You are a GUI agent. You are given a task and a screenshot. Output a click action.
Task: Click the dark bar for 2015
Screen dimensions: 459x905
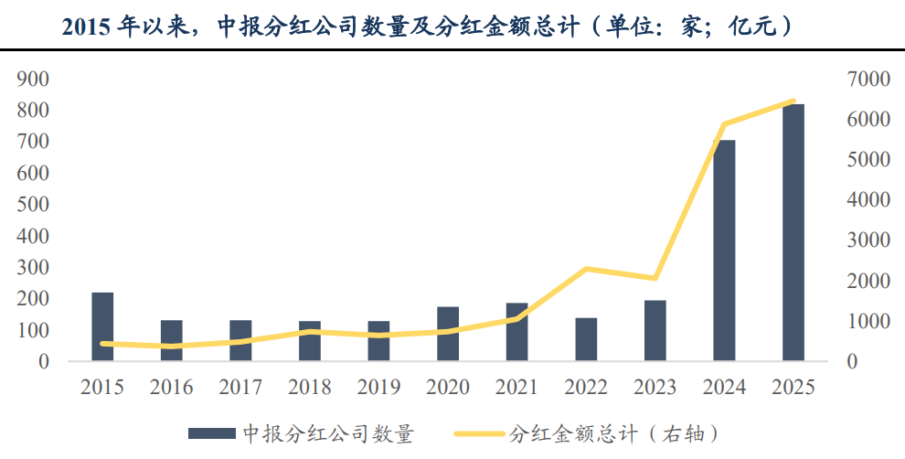102,326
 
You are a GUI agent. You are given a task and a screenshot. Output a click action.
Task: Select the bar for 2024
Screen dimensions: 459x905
724,251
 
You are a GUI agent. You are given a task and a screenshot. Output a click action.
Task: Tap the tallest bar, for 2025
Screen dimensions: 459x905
793,232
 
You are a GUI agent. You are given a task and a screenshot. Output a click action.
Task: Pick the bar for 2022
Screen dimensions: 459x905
586,339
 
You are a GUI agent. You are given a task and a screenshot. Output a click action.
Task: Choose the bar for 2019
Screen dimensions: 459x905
378,341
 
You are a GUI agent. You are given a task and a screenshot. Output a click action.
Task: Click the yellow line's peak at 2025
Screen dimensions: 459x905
793,101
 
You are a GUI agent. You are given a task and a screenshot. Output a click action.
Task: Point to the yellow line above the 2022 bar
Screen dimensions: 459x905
586,269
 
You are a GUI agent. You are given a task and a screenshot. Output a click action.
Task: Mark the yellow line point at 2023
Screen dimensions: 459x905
655,278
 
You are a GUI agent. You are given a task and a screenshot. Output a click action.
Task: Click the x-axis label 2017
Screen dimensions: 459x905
240,388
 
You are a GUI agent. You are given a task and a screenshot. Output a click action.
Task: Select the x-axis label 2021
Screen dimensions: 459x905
516,388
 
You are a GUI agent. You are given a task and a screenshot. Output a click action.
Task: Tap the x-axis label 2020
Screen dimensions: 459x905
448,388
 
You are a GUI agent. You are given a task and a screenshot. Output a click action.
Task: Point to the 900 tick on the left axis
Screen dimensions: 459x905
32,80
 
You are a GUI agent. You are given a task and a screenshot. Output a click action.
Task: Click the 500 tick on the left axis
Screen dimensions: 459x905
32,205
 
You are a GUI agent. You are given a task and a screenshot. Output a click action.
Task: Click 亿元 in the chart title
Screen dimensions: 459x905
750,26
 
